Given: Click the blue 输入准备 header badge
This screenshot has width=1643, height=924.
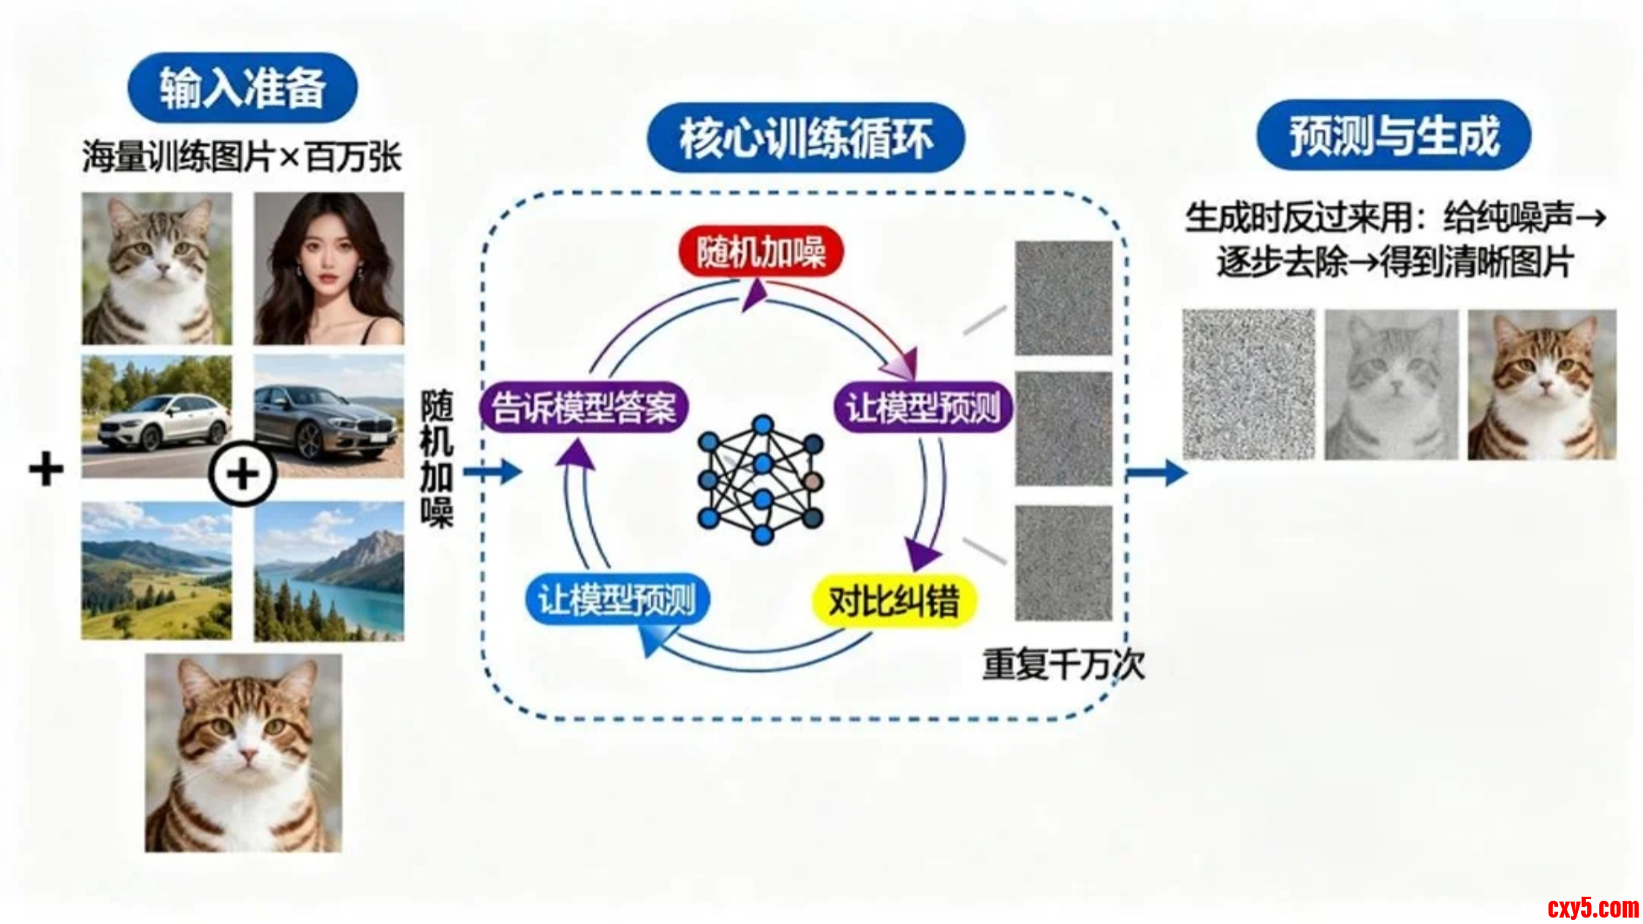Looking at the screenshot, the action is (242, 87).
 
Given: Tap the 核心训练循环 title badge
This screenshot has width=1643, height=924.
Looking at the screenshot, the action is (805, 138).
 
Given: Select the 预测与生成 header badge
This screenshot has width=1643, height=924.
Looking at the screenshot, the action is (1394, 135).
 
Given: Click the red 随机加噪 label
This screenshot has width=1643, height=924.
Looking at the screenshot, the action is (761, 252).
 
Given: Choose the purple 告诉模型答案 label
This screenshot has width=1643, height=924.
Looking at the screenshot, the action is (583, 407).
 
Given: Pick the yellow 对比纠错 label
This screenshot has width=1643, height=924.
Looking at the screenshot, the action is (894, 600).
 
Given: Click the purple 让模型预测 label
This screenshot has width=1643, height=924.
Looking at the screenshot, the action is (923, 407).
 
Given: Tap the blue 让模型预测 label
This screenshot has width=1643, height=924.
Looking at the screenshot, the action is (617, 599).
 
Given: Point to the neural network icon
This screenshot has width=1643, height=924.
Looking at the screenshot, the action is (761, 480).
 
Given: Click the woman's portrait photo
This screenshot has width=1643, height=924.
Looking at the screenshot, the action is (329, 268).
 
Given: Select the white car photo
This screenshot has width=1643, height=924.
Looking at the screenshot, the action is (156, 417).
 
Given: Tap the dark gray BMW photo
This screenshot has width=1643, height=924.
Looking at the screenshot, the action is (329, 417).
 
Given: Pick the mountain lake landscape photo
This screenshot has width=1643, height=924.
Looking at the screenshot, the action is (329, 572).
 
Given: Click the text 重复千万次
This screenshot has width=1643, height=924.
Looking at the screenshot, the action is (1064, 664).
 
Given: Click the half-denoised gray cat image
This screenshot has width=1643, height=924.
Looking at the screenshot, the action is (1391, 385).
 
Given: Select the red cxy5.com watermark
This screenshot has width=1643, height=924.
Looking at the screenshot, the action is (1593, 908).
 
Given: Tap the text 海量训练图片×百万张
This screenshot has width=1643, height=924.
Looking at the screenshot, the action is (241, 156).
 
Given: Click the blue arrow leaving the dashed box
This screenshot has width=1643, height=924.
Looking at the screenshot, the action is (1158, 472).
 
